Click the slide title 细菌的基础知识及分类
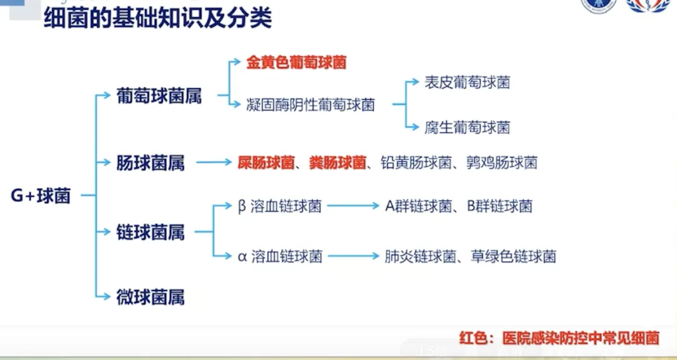157,18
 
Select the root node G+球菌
41,196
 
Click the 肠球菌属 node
150,163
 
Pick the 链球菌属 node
150,232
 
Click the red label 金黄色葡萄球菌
297,63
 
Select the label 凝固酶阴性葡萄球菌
311,105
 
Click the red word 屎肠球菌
266,163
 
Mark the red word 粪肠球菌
338,163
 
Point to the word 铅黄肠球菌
416,163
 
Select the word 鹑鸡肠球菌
501,163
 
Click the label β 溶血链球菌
280,206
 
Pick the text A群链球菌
418,206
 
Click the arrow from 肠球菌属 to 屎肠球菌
213,163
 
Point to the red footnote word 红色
473,339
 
